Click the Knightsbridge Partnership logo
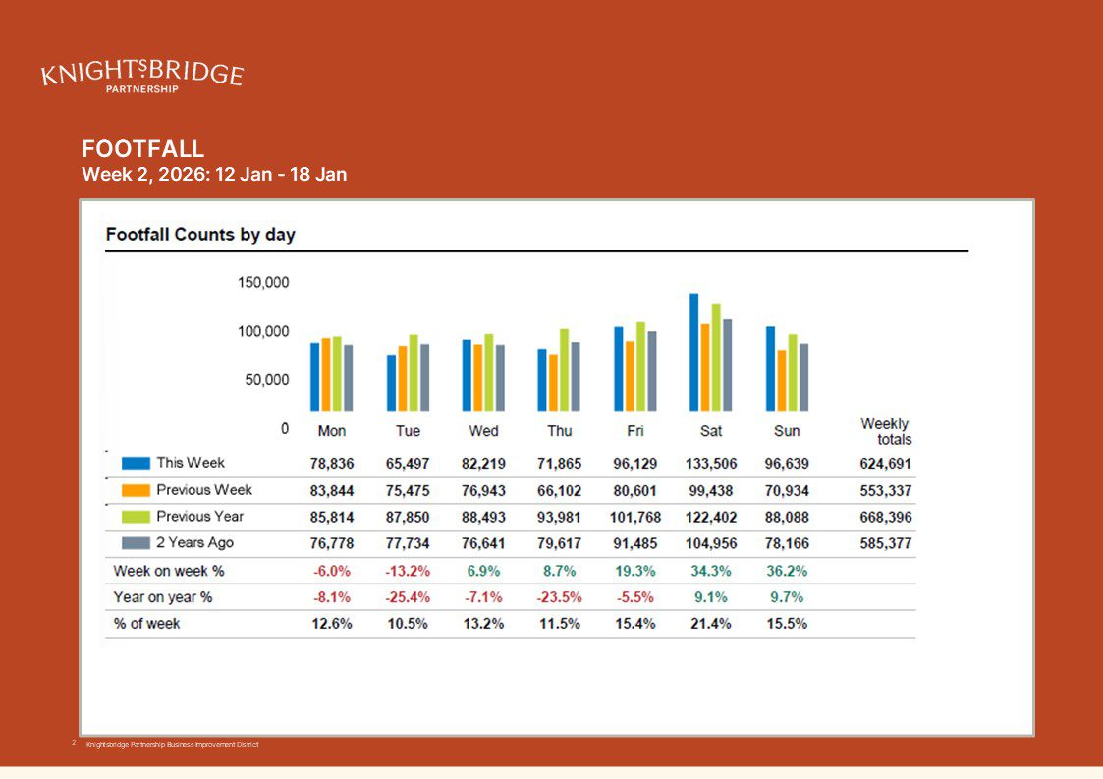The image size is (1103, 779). [142, 75]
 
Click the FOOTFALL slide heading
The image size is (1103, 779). [143, 149]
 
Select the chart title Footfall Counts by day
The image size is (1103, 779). [200, 235]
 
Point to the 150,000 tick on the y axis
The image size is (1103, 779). [263, 283]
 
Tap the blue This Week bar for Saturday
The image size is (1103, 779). [694, 352]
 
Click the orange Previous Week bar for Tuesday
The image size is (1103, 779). [403, 378]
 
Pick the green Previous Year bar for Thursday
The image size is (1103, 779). [565, 369]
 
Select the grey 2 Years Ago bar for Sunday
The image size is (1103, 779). [804, 376]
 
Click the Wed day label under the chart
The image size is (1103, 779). [483, 431]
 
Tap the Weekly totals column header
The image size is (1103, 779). [885, 432]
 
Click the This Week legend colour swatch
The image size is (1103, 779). [137, 463]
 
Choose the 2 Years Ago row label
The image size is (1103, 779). [194, 543]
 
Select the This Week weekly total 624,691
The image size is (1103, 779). [885, 464]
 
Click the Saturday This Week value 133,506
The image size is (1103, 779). [711, 464]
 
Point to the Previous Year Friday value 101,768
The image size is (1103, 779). [635, 517]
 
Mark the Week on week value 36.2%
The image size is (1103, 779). [787, 571]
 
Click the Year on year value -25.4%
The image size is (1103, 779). [408, 597]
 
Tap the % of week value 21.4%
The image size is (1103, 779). [711, 624]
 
